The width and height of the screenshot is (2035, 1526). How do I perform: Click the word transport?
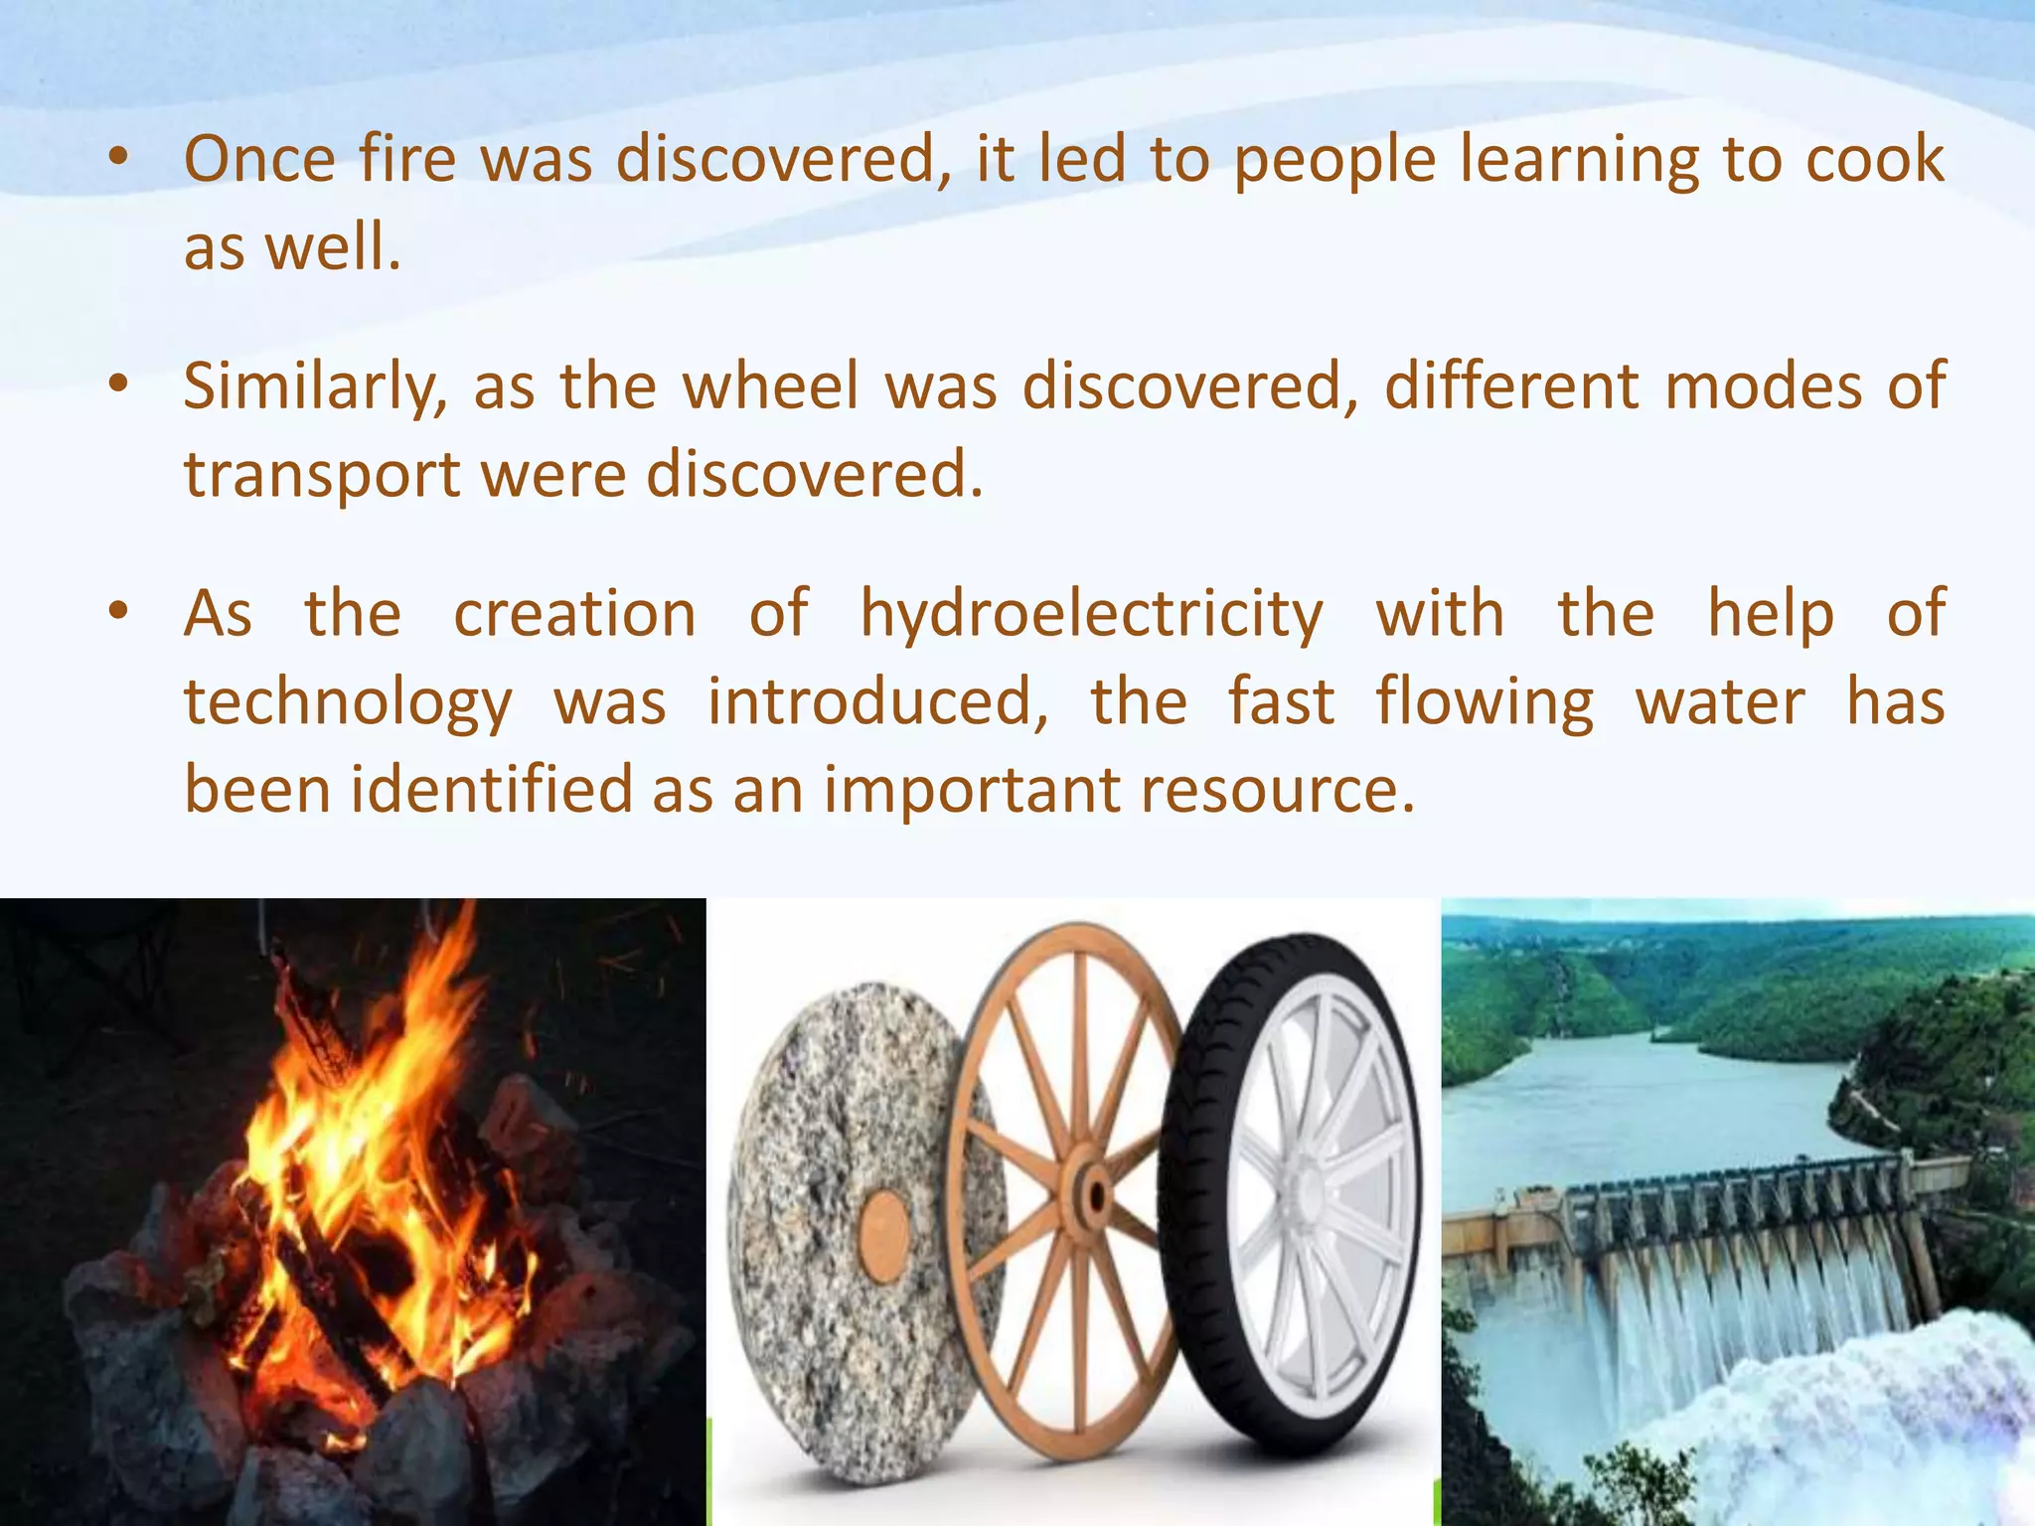point(321,475)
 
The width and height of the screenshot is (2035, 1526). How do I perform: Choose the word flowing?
point(1485,703)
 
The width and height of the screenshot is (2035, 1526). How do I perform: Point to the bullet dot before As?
point(119,611)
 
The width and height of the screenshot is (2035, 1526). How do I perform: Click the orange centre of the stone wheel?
point(883,1231)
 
